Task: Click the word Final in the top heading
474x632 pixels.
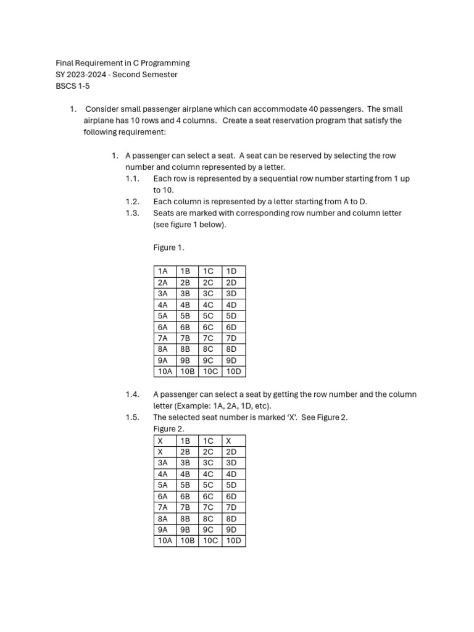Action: tap(65, 63)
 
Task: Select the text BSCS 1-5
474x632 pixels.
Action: tap(73, 86)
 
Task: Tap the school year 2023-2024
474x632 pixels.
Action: tap(91, 75)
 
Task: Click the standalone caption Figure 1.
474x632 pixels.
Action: tap(168, 247)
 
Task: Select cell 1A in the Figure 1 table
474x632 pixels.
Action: tap(163, 272)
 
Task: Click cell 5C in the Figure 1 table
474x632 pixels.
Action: tap(208, 316)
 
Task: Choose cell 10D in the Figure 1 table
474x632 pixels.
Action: tap(233, 372)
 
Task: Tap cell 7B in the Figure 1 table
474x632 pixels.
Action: tap(185, 338)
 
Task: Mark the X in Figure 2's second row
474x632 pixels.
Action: tap(160, 452)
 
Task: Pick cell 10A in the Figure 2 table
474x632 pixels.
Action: tap(165, 541)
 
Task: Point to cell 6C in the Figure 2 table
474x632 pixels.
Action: tap(208, 496)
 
